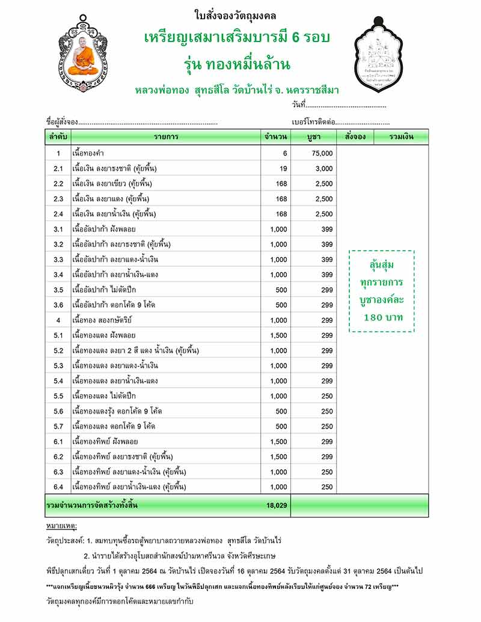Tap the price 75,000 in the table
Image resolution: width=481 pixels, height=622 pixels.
322,154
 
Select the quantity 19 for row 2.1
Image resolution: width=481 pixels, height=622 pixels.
283,169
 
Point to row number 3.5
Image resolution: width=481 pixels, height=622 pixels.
58,290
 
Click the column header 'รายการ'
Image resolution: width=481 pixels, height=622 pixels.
165,137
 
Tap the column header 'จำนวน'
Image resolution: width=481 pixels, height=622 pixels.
275,137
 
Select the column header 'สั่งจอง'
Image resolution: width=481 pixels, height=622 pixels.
355,137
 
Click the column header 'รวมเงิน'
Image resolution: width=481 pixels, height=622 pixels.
401,137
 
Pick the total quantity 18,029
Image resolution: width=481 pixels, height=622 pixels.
277,506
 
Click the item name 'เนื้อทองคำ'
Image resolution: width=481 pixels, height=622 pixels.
87,154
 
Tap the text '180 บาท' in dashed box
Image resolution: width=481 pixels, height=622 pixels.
383,316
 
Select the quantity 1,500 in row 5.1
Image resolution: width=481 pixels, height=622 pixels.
278,335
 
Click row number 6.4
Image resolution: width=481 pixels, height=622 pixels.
58,487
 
